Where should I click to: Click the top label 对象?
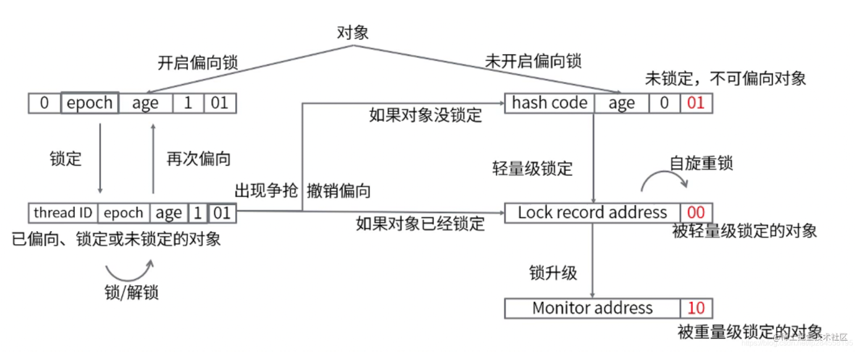tap(353, 32)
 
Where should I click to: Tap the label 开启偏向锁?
tap(198, 63)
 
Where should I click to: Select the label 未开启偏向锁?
tap(533, 61)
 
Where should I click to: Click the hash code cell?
tap(549, 103)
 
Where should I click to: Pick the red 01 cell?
tap(695, 103)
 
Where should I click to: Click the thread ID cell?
tap(63, 213)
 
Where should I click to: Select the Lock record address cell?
tap(592, 213)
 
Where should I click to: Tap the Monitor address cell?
tap(592, 308)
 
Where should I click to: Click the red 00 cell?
tap(695, 213)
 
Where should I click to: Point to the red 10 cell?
tap(695, 308)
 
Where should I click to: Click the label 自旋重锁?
tap(701, 164)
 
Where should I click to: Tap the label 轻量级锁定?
tap(533, 169)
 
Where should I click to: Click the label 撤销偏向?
tap(339, 191)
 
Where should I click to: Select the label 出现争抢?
tap(266, 191)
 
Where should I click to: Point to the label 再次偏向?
tap(198, 158)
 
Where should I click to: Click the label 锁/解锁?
tap(132, 292)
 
